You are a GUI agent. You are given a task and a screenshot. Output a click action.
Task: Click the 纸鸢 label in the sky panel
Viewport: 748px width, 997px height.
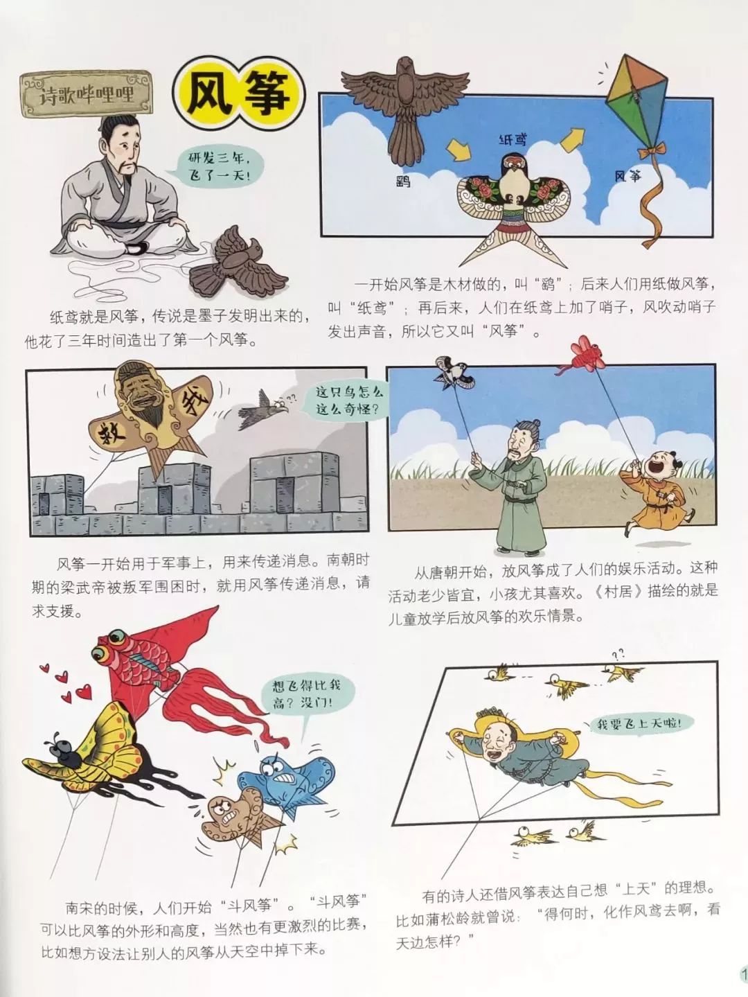pyautogui.click(x=513, y=139)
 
